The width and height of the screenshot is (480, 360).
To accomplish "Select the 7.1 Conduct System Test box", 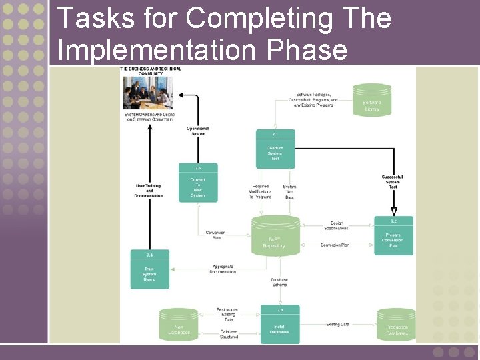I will pyautogui.click(x=275, y=147).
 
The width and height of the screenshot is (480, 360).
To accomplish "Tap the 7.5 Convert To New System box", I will pyautogui.click(x=197, y=183).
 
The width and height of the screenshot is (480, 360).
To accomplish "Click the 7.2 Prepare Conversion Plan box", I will pyautogui.click(x=393, y=236).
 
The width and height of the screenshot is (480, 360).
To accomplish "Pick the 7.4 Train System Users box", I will pyautogui.click(x=149, y=270).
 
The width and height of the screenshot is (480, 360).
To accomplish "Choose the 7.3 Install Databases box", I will pyautogui.click(x=279, y=325).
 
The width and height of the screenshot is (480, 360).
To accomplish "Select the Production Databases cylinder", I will pyautogui.click(x=396, y=326).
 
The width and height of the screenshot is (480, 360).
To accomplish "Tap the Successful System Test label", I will pyautogui.click(x=393, y=181).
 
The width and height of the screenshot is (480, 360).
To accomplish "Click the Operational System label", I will pyautogui.click(x=197, y=131).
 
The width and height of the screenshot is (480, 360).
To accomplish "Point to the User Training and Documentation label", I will pyautogui.click(x=149, y=191).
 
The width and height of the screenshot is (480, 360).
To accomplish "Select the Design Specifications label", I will pyautogui.click(x=339, y=226).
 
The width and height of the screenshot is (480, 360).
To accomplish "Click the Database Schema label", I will pyautogui.click(x=279, y=283).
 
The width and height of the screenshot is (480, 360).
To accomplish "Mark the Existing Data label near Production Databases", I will pyautogui.click(x=337, y=325).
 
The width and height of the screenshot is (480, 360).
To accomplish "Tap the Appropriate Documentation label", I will pyautogui.click(x=223, y=269).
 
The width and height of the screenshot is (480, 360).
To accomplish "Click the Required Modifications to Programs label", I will pyautogui.click(x=260, y=192).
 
